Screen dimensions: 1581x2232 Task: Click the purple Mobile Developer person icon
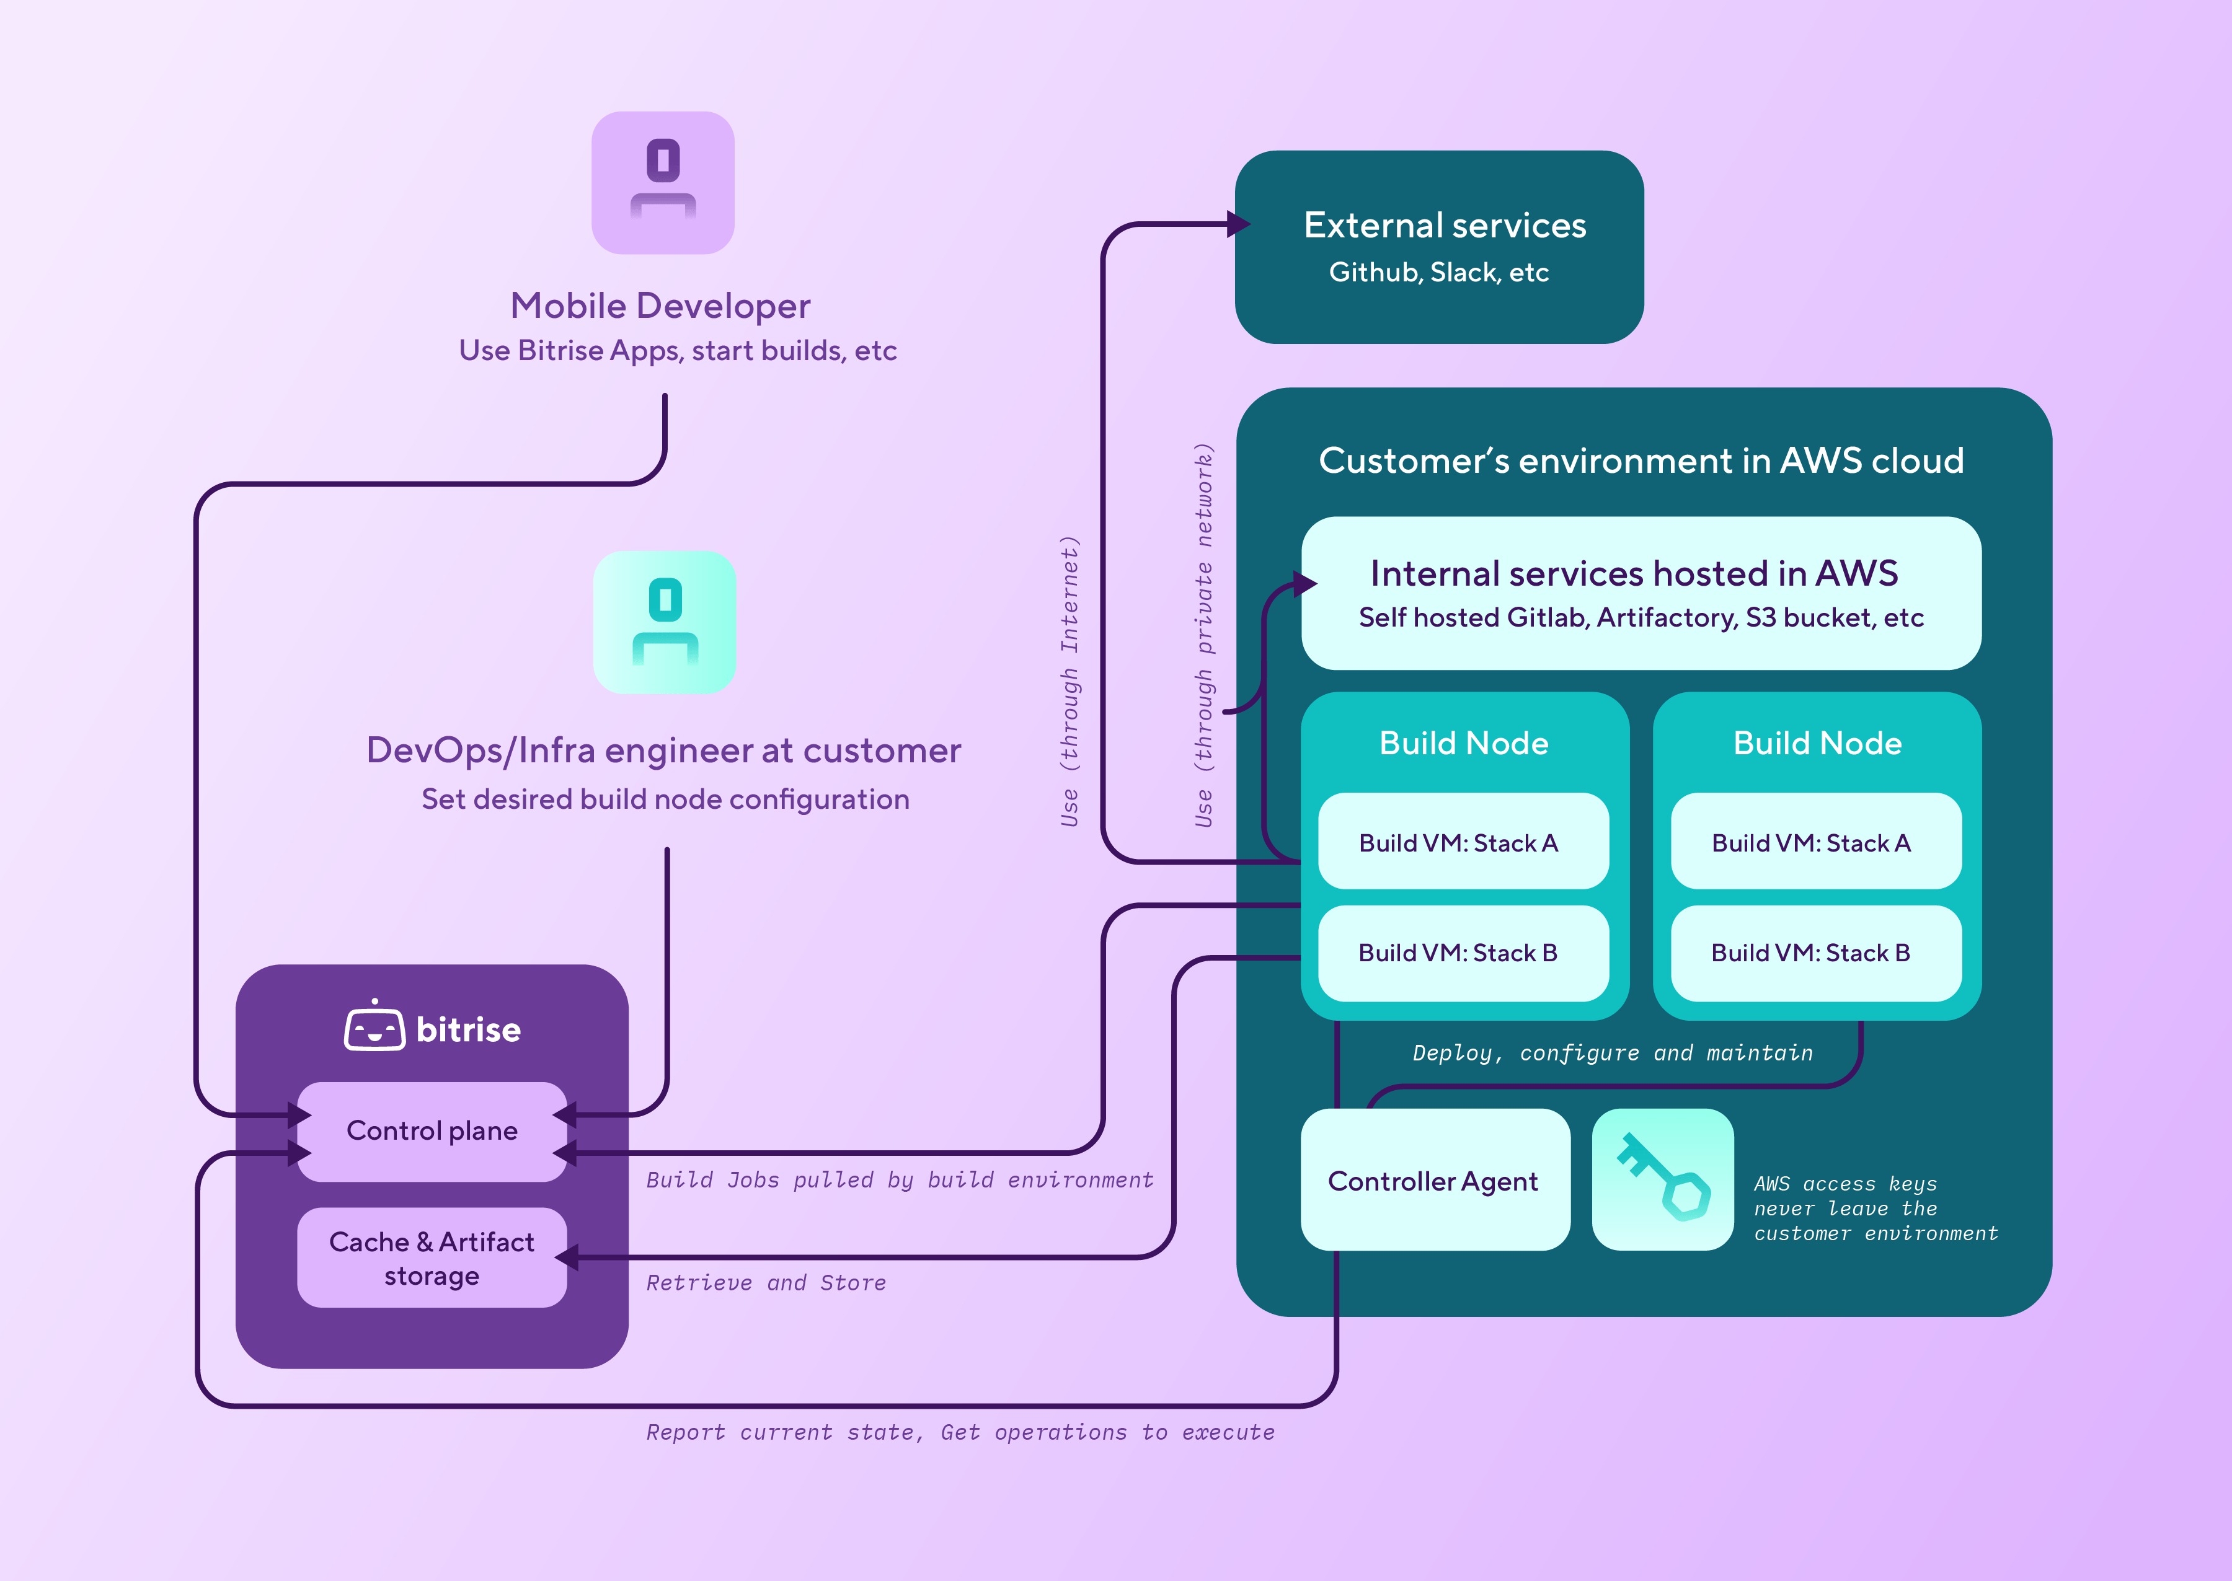click(x=663, y=183)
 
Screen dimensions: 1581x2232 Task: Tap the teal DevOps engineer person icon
click(x=665, y=622)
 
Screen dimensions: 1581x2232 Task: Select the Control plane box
click(x=432, y=1131)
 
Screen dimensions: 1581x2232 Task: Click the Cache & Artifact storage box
click(x=432, y=1257)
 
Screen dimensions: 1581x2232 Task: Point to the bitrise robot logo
click(x=375, y=1027)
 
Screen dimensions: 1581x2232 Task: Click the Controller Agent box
click(x=1433, y=1181)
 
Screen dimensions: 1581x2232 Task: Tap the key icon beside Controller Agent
click(x=1663, y=1179)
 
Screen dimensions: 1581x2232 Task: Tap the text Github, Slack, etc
click(x=1438, y=273)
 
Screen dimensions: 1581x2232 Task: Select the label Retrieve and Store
click(x=766, y=1283)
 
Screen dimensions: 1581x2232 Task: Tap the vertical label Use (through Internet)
click(x=1069, y=682)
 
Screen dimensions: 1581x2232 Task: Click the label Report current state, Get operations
click(x=960, y=1432)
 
